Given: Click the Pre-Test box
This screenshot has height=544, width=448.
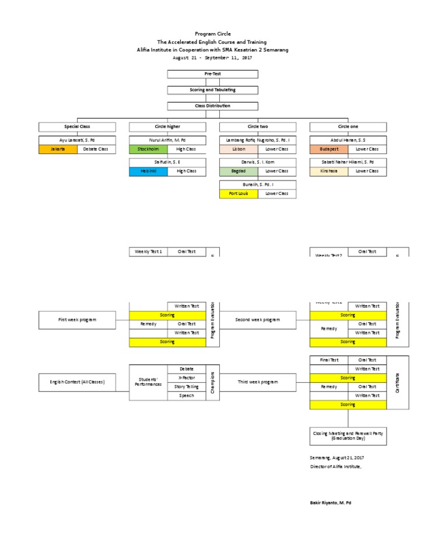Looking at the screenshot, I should [212, 74].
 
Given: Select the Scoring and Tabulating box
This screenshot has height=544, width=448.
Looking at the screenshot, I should [212, 90].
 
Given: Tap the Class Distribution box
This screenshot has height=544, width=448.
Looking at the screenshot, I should [212, 106].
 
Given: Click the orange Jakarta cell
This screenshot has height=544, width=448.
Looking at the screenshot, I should [58, 149].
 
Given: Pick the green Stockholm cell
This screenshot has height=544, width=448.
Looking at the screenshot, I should [148, 149].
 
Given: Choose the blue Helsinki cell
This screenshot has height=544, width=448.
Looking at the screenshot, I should [148, 171].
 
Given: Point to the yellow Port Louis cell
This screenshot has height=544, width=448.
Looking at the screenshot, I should [239, 193].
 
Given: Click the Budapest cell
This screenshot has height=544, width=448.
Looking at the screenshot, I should [329, 149].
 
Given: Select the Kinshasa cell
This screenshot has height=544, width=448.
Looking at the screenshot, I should [329, 171].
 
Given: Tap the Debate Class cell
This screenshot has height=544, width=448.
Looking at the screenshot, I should [96, 149].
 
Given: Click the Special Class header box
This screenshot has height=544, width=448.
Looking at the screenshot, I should [77, 127].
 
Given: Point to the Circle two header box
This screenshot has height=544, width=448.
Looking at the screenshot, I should [257, 127].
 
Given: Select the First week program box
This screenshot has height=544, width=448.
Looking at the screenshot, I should [77, 320].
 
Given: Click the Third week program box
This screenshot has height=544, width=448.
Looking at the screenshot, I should [257, 382].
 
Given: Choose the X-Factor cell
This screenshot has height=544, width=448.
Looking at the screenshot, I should [187, 378].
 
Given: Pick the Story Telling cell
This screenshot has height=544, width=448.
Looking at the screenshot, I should [187, 386].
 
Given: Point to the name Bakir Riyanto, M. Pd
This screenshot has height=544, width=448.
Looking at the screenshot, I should [330, 503].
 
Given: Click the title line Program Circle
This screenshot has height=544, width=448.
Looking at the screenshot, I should [212, 34].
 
